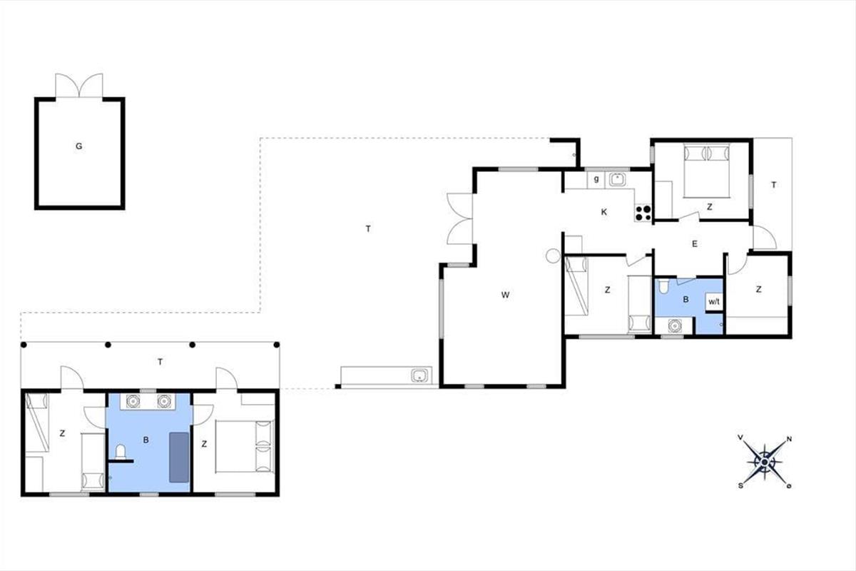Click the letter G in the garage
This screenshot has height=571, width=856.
tap(78, 146)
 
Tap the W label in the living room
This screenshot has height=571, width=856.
tap(505, 295)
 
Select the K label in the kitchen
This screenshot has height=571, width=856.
tap(603, 212)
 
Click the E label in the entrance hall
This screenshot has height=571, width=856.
tap(695, 243)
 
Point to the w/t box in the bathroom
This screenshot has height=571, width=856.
tap(714, 302)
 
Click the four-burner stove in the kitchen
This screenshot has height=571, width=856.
tap(643, 213)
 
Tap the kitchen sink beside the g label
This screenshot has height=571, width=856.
tap(617, 180)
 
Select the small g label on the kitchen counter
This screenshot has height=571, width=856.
tap(596, 179)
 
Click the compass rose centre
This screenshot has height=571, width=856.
tap(764, 462)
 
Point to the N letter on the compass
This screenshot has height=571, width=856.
tap(789, 439)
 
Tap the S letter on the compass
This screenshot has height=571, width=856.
tap(740, 486)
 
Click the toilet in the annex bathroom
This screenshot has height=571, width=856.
tap(121, 452)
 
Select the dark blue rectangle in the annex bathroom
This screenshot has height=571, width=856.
tap(179, 458)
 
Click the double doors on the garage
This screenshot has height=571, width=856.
tap(79, 85)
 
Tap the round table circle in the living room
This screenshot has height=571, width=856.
tap(553, 256)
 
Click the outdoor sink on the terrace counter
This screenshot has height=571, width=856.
tap(420, 375)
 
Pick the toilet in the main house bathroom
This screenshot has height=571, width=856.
tap(664, 286)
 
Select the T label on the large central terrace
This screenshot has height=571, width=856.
tap(368, 228)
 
